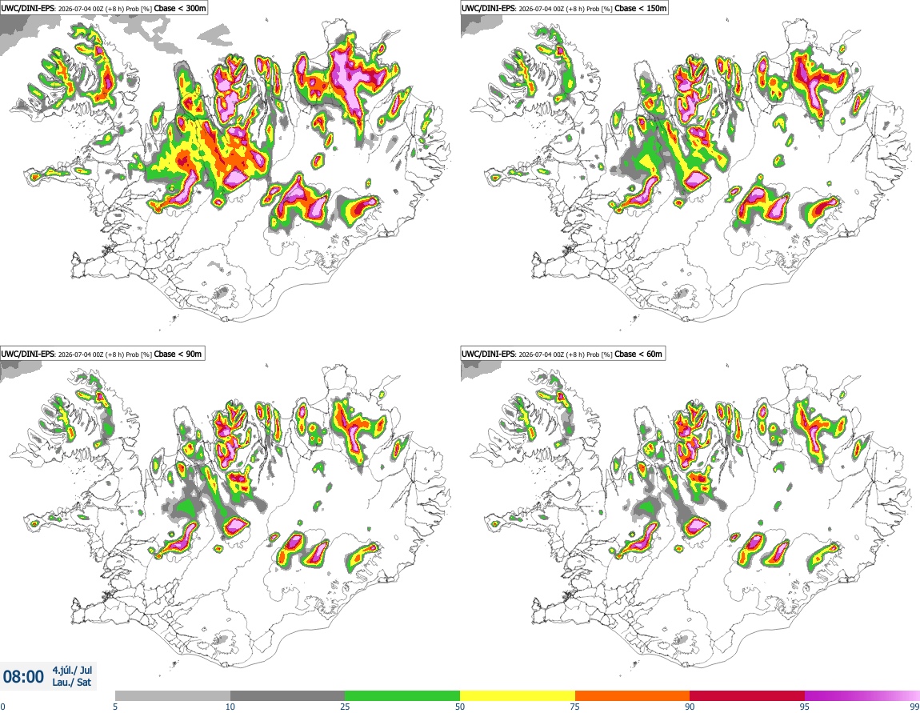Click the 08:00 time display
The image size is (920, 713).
tap(23, 677)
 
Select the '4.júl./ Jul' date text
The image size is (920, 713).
tap(72, 670)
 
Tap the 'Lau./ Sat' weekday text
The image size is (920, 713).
tap(72, 683)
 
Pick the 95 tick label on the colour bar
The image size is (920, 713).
tap(805, 707)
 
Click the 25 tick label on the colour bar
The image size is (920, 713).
tap(345, 707)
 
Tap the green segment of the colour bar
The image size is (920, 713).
tap(402, 695)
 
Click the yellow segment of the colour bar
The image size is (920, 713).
tap(518, 695)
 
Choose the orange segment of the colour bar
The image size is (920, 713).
tap(633, 695)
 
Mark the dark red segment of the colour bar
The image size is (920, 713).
tap(747, 695)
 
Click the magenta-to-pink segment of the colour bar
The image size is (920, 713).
tap(862, 695)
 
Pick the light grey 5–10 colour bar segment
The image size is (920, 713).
tap(173, 695)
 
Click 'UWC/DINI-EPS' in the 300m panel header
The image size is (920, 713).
tap(28, 9)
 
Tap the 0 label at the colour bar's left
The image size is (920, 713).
tap(3, 707)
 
